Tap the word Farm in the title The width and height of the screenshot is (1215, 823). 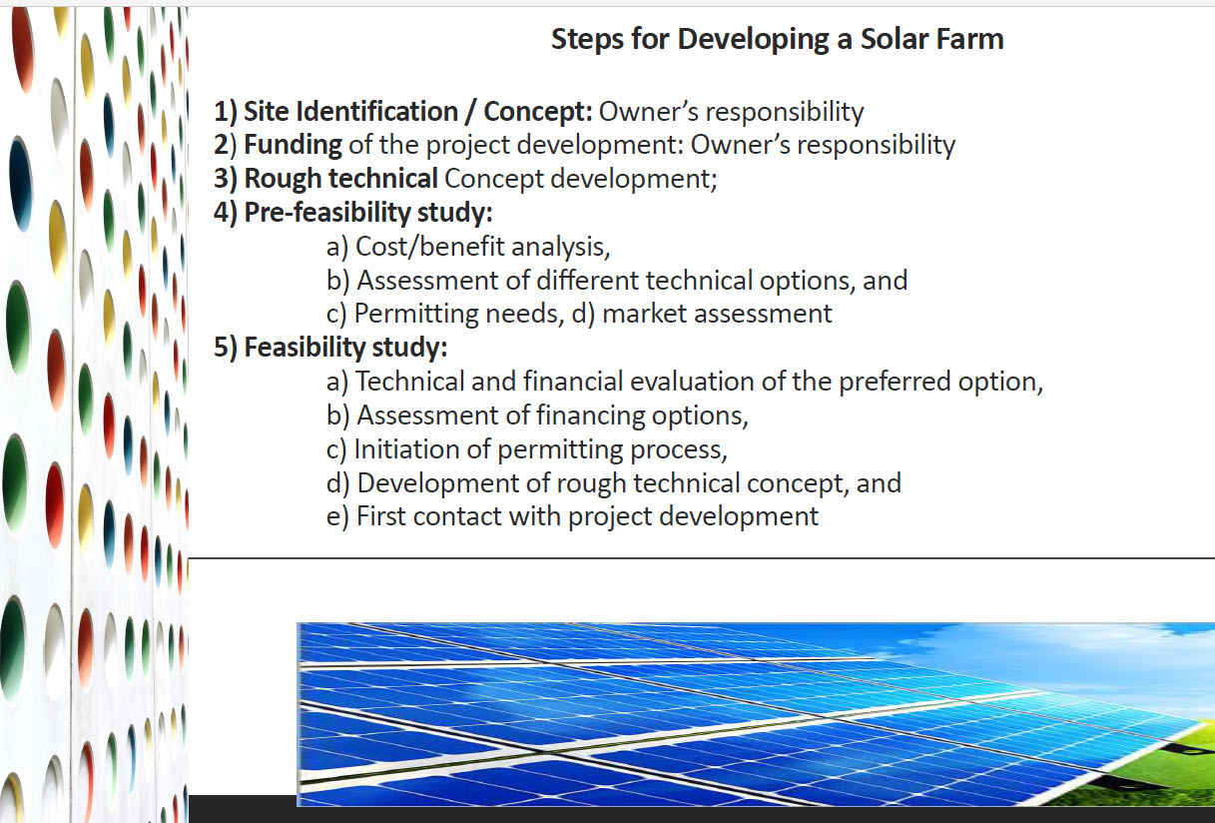[x=970, y=40]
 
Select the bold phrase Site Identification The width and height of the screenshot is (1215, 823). [x=349, y=111]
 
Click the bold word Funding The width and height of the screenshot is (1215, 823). [x=293, y=145]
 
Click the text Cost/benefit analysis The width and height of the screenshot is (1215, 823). [x=481, y=247]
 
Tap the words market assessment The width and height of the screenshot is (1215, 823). [x=717, y=314]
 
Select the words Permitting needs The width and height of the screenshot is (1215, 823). [x=455, y=314]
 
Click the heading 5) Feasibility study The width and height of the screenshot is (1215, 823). [x=330, y=348]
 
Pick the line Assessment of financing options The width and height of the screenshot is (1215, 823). [x=551, y=414]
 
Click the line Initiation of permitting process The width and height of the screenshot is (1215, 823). [x=540, y=449]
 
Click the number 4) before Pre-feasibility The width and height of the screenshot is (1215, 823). [x=227, y=213]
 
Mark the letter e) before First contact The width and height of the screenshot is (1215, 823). [x=338, y=516]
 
